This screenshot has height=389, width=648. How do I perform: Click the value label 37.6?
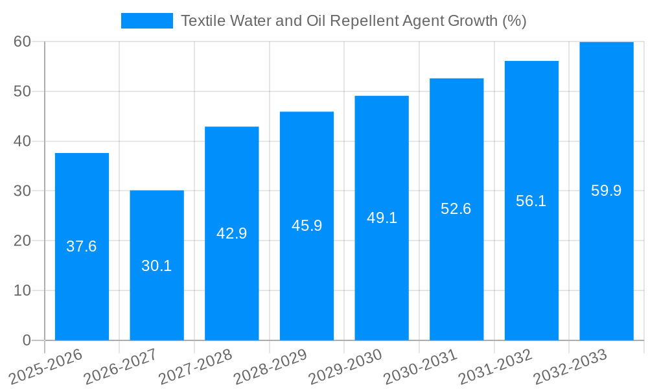pyautogui.click(x=82, y=246)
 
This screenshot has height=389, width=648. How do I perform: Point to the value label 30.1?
pyautogui.click(x=157, y=266)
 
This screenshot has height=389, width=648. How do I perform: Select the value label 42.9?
pyautogui.click(x=232, y=233)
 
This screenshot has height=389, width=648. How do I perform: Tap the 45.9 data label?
pyautogui.click(x=307, y=226)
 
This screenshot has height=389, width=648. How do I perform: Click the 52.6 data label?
pyautogui.click(x=456, y=209)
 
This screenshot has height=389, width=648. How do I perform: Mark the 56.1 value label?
pyautogui.click(x=531, y=201)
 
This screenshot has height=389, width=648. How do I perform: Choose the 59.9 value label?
pyautogui.click(x=607, y=191)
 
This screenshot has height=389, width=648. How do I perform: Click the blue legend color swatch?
pyautogui.click(x=147, y=21)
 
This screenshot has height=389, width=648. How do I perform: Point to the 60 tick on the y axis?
pyautogui.click(x=22, y=41)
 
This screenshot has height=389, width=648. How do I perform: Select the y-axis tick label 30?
pyautogui.click(x=22, y=191)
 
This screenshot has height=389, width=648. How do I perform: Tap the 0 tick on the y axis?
pyautogui.click(x=27, y=340)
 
